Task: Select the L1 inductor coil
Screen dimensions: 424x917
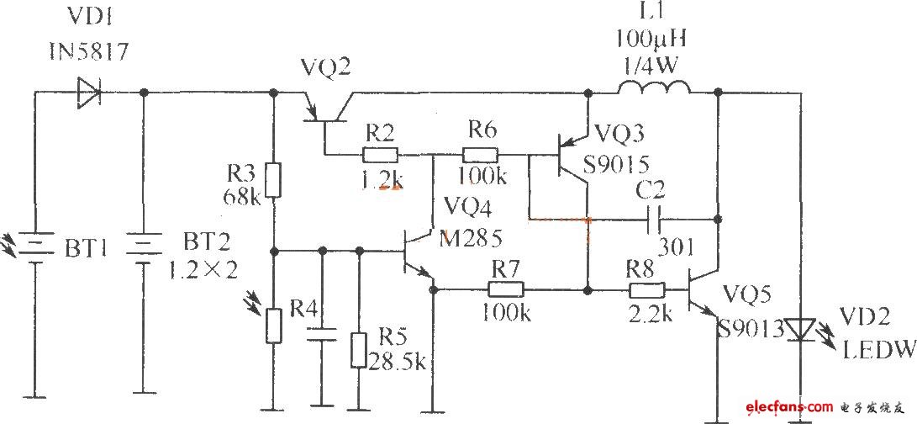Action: [654, 87]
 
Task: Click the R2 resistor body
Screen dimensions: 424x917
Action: [381, 155]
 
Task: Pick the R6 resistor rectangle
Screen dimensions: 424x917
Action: [481, 155]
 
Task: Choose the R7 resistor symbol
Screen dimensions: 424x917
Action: [506, 290]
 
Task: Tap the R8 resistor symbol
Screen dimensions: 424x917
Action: [646, 290]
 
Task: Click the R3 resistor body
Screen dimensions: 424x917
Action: [273, 178]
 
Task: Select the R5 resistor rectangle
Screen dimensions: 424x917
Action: [359, 350]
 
